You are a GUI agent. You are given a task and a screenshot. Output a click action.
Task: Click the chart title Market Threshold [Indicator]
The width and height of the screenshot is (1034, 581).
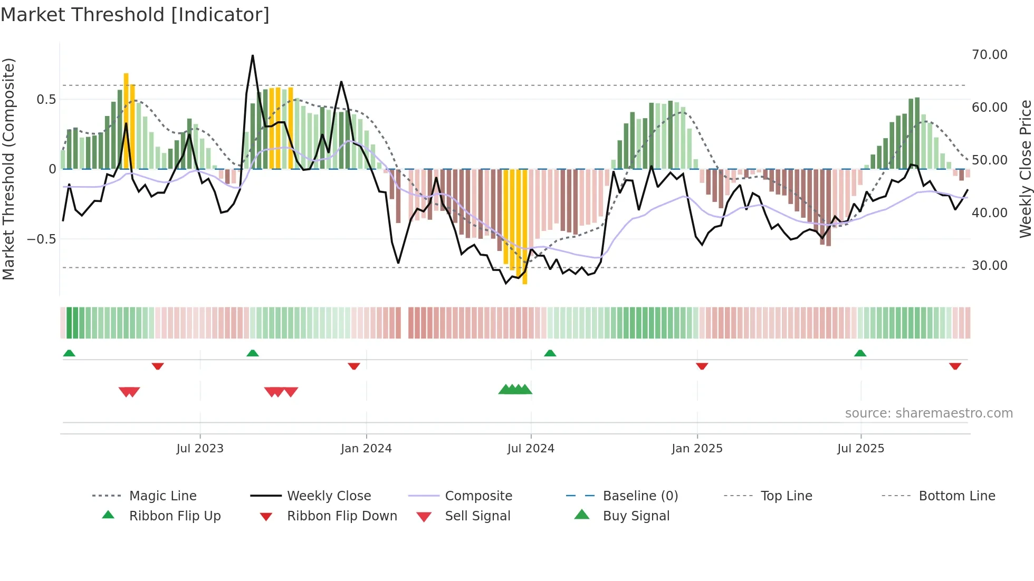(x=135, y=15)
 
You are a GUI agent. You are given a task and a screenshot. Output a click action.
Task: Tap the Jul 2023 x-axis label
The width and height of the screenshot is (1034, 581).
(x=200, y=449)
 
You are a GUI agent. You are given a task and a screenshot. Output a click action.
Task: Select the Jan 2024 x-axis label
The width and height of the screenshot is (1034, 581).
(x=366, y=449)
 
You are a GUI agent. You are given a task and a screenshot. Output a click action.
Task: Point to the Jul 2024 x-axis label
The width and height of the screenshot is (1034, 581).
(x=531, y=449)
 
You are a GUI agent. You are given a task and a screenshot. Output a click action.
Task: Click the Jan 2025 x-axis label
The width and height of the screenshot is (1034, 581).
(x=697, y=449)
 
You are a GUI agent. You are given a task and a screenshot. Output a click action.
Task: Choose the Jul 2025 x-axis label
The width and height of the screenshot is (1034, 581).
(x=860, y=449)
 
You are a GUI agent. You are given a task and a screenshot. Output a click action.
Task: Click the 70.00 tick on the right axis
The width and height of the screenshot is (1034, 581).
(x=989, y=55)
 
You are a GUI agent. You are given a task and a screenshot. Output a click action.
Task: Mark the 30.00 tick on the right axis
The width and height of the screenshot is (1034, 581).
(x=989, y=266)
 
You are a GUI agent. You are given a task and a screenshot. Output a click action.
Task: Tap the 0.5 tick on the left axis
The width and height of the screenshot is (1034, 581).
(x=46, y=100)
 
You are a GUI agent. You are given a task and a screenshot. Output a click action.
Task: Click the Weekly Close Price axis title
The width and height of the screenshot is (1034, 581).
(x=1025, y=169)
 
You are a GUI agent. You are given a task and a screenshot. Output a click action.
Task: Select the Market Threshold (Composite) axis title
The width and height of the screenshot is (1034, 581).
(x=8, y=169)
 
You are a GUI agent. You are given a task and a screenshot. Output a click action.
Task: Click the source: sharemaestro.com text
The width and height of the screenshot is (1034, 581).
(x=928, y=413)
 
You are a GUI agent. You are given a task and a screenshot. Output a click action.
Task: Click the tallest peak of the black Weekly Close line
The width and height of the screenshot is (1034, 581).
(x=253, y=56)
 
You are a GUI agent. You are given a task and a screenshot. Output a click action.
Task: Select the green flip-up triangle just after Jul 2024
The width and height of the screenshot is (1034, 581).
(x=550, y=353)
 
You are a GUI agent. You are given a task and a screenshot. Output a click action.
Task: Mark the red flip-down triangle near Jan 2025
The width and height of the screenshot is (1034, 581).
(x=702, y=366)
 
